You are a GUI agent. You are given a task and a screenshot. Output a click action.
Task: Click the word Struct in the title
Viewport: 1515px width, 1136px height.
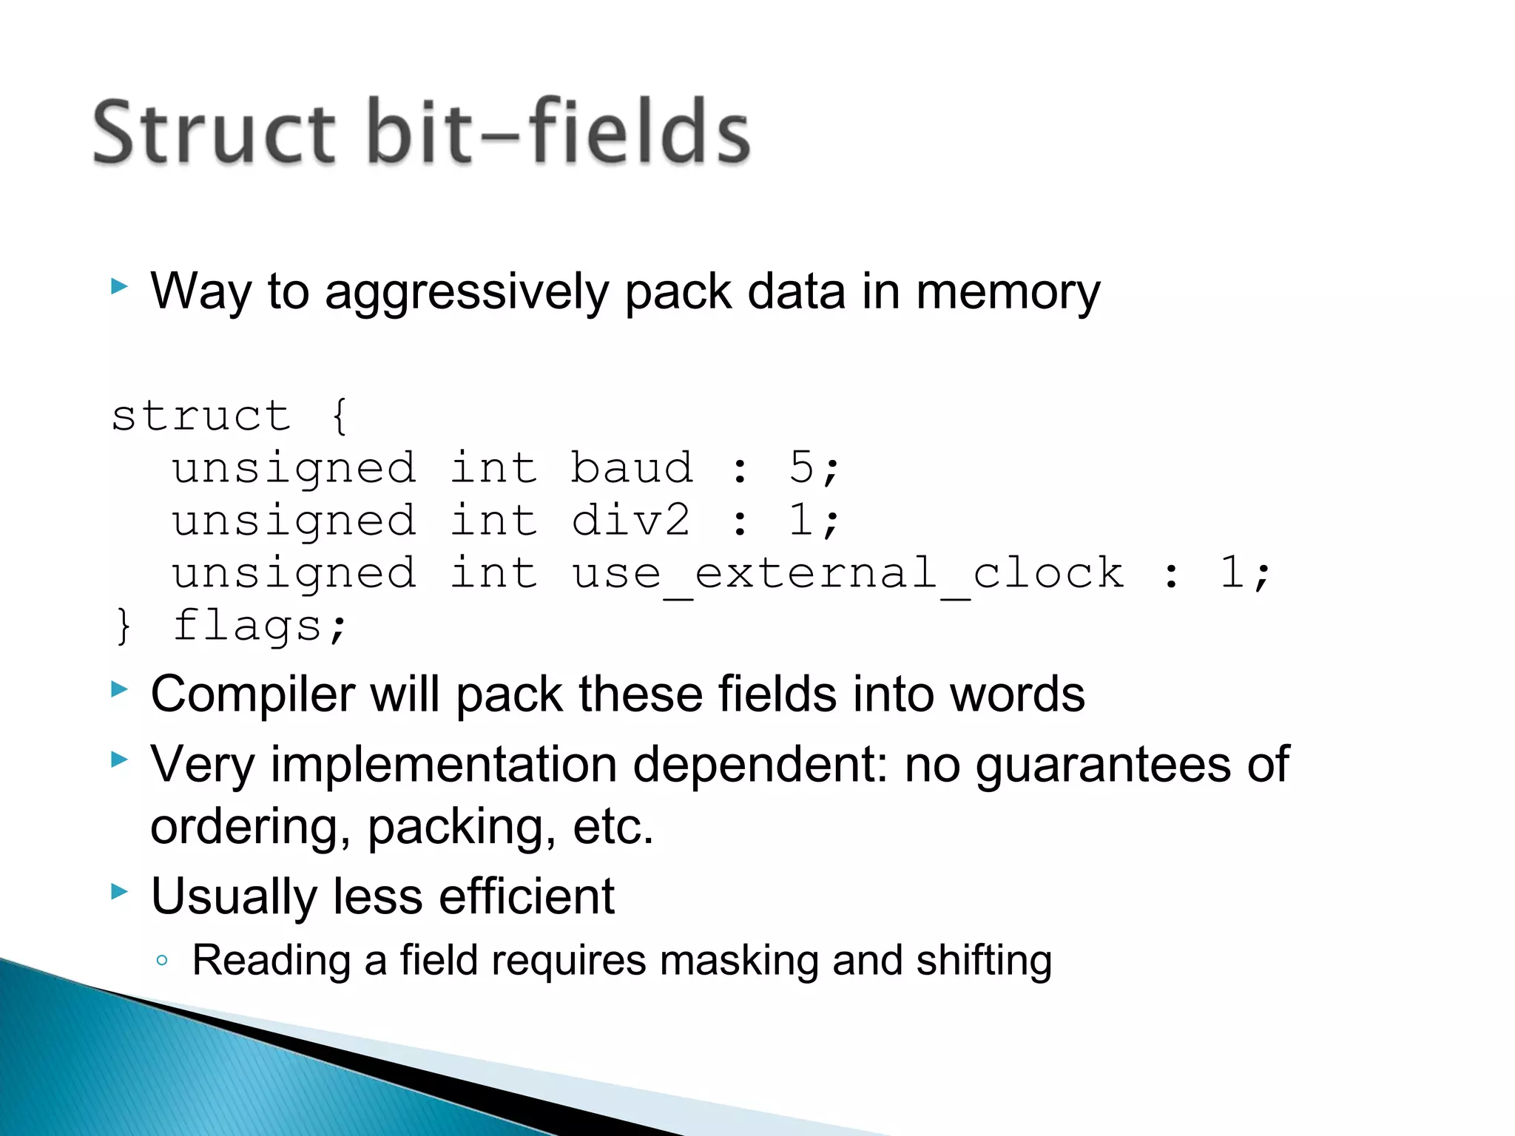click(x=215, y=133)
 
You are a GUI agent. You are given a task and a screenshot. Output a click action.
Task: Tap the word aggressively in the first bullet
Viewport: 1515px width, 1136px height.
click(x=466, y=293)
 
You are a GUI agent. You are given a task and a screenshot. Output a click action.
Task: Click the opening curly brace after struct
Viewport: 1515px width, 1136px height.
click(x=340, y=416)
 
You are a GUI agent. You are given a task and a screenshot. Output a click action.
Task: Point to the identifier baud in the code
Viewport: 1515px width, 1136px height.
click(x=632, y=468)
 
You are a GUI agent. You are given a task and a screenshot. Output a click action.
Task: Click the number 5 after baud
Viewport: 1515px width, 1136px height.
click(x=801, y=467)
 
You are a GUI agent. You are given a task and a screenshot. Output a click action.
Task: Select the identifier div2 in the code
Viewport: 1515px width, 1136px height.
click(x=630, y=520)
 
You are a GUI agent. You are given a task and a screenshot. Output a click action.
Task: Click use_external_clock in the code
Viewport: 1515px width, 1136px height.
click(x=848, y=574)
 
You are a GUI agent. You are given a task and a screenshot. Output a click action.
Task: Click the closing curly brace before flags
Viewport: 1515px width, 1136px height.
click(x=123, y=626)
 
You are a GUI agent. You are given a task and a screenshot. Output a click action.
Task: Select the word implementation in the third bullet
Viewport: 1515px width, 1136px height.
click(x=443, y=765)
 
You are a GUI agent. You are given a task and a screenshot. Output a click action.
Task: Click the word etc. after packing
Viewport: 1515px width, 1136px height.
click(x=613, y=827)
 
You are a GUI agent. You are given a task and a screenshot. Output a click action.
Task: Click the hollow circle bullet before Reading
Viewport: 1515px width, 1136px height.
click(x=162, y=961)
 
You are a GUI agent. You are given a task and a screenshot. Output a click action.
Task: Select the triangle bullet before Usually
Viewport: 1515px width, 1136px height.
click(x=119, y=891)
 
